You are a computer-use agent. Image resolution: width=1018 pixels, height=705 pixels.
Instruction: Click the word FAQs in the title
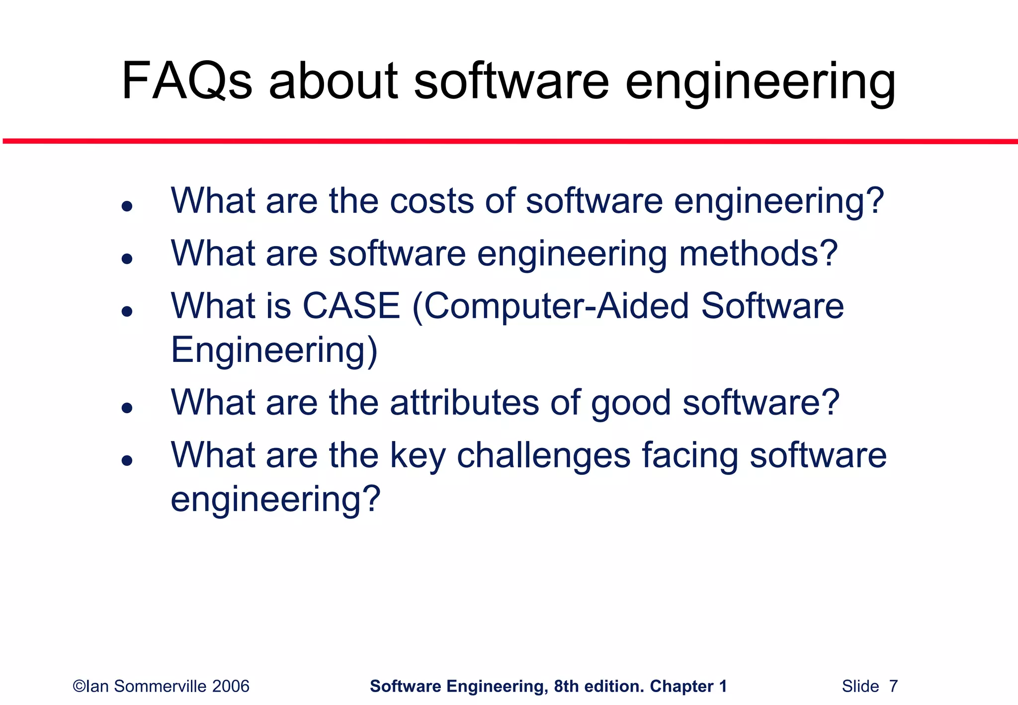pos(186,81)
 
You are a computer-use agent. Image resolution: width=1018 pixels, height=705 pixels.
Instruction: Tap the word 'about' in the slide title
pos(333,81)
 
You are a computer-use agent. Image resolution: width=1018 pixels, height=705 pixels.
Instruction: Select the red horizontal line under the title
pos(509,142)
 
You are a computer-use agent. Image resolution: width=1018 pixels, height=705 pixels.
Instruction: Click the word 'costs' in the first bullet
pos(431,201)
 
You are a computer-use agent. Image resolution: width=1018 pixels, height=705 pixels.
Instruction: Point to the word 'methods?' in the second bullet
pos(759,253)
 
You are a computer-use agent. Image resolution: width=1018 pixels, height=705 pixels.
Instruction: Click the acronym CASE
pos(351,305)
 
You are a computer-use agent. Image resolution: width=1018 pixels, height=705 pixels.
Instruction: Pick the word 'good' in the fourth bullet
pos(631,403)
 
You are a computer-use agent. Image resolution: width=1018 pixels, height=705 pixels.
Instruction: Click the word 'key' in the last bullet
pos(418,455)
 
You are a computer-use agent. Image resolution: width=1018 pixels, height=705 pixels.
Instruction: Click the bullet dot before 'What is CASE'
pos(127,312)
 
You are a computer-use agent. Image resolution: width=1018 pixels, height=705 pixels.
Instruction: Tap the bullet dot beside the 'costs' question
pos(127,206)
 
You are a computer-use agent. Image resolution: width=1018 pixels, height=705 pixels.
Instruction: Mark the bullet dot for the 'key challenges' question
pos(127,461)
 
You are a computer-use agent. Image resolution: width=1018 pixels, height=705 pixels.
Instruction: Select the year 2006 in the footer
pos(231,687)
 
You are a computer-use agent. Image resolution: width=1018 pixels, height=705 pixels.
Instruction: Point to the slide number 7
pos(893,687)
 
